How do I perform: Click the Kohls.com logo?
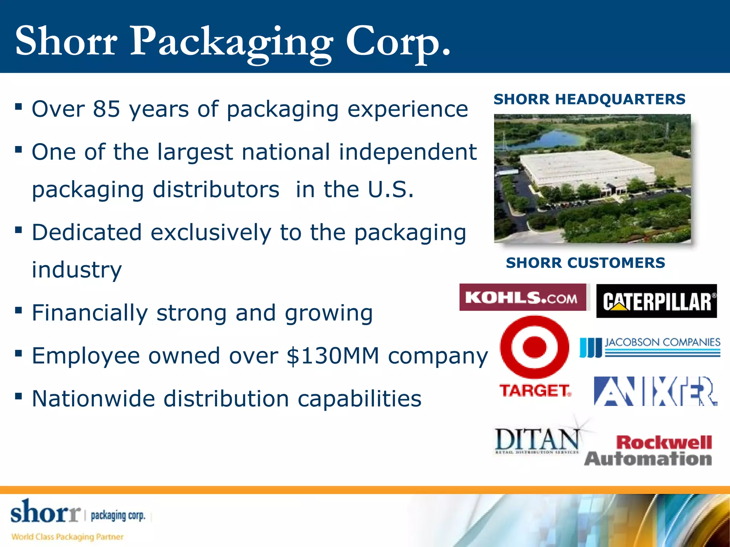[x=522, y=297]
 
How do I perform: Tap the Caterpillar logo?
[x=656, y=301]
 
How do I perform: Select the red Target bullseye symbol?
[x=534, y=347]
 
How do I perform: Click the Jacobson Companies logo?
[x=650, y=347]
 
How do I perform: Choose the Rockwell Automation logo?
[x=648, y=450]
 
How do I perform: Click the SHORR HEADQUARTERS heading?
[x=589, y=99]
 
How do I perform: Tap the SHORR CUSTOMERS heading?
[x=585, y=263]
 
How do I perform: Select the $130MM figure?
[x=333, y=356]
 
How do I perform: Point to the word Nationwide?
[x=93, y=398]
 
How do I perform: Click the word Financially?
[x=90, y=313]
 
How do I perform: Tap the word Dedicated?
[x=87, y=233]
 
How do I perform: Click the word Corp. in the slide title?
[x=398, y=42]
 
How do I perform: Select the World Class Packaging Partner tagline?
[x=67, y=537]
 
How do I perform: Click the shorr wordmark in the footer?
[x=45, y=512]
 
